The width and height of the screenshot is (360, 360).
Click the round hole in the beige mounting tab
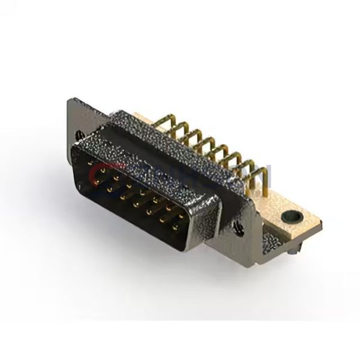[293, 214]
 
